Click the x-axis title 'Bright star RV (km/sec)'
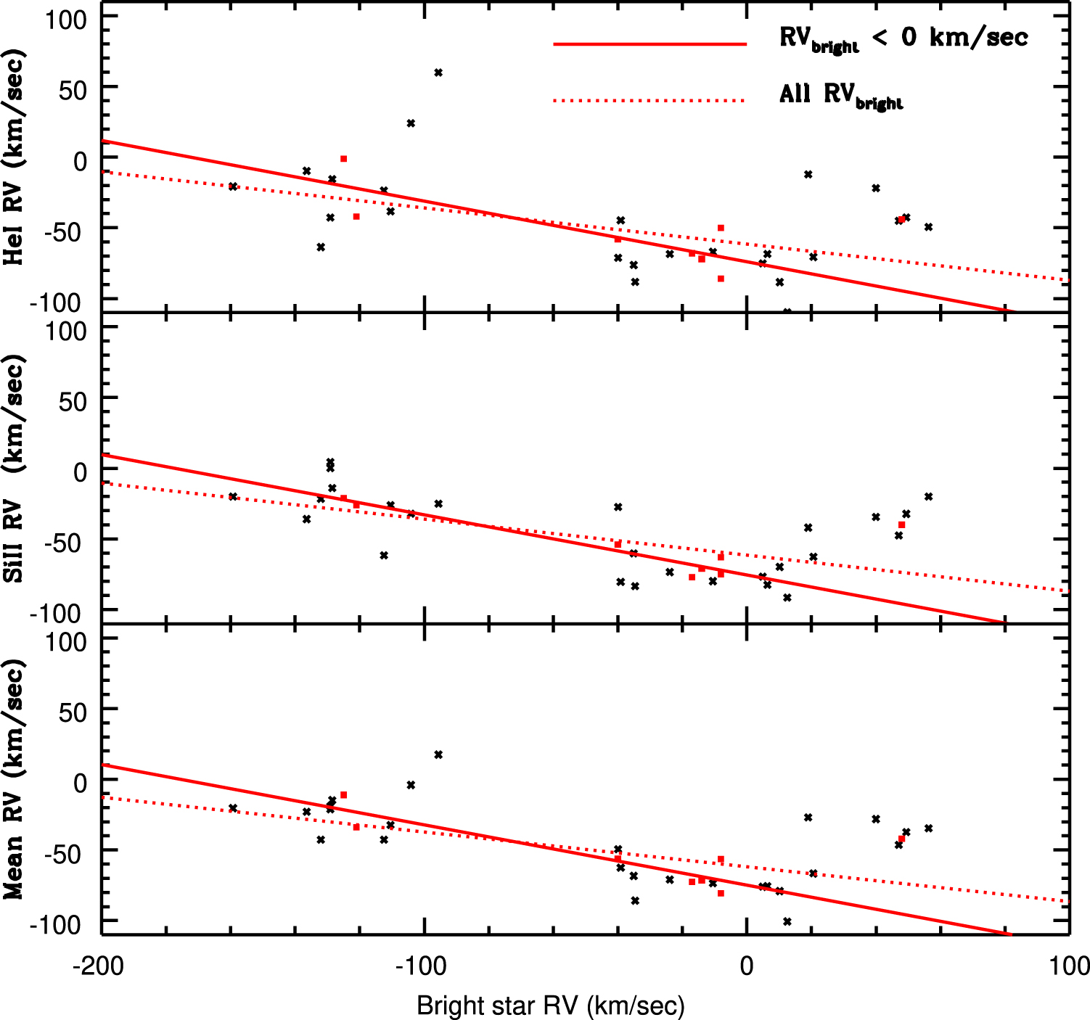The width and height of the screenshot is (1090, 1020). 551,1005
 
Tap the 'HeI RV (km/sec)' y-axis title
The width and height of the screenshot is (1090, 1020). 14,158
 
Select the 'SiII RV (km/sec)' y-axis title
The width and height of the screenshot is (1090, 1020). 14,469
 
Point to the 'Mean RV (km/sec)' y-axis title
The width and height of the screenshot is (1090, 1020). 14,779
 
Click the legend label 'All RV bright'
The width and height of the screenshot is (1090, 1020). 840,95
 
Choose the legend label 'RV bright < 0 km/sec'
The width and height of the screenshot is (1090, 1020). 903,38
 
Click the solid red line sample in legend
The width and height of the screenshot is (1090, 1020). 650,44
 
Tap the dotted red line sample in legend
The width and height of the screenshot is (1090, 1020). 650,101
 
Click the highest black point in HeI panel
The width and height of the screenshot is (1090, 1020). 438,73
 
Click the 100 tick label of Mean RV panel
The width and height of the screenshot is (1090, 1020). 66,642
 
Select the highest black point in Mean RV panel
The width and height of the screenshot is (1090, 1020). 438,754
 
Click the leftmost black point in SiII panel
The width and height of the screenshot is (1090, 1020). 233,497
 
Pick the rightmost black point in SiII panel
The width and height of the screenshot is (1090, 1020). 928,497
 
